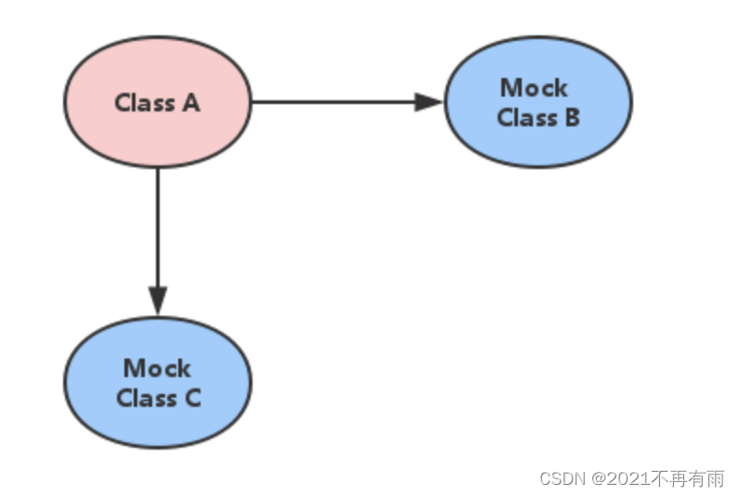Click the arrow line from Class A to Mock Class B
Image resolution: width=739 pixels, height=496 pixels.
[334, 102]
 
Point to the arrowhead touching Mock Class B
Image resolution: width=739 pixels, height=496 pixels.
[430, 102]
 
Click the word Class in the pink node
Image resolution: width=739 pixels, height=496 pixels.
[144, 102]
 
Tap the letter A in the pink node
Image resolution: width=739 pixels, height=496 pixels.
[190, 102]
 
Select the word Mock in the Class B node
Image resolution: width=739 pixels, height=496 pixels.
[534, 88]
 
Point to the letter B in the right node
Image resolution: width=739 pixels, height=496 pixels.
[571, 118]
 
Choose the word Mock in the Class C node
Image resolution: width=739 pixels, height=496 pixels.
[157, 369]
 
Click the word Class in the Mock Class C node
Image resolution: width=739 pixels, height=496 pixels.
[145, 398]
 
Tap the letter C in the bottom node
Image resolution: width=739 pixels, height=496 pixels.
[192, 398]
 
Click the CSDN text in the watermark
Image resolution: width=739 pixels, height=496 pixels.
[562, 478]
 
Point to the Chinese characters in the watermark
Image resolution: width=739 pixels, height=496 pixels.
[687, 478]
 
